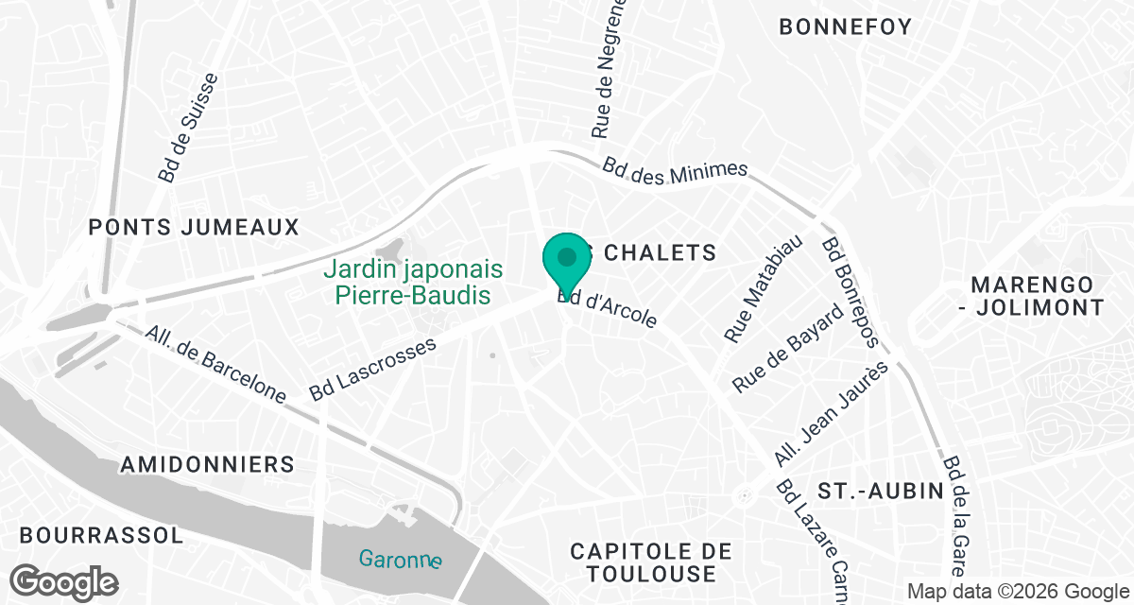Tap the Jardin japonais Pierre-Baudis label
[413, 282]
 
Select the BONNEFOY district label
[845, 27]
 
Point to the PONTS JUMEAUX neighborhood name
[194, 227]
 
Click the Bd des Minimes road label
[676, 170]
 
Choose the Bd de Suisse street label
[188, 128]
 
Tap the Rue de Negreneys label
[610, 71]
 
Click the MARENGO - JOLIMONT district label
[1038, 296]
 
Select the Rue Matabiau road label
[763, 288]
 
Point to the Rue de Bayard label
[787, 349]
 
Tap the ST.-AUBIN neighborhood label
[881, 492]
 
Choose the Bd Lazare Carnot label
[811, 539]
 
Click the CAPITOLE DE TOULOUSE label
[651, 562]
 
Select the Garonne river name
[400, 559]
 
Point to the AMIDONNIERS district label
[208, 464]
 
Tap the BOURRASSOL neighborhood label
[101, 535]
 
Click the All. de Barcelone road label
[215, 365]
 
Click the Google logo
[65, 579]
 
